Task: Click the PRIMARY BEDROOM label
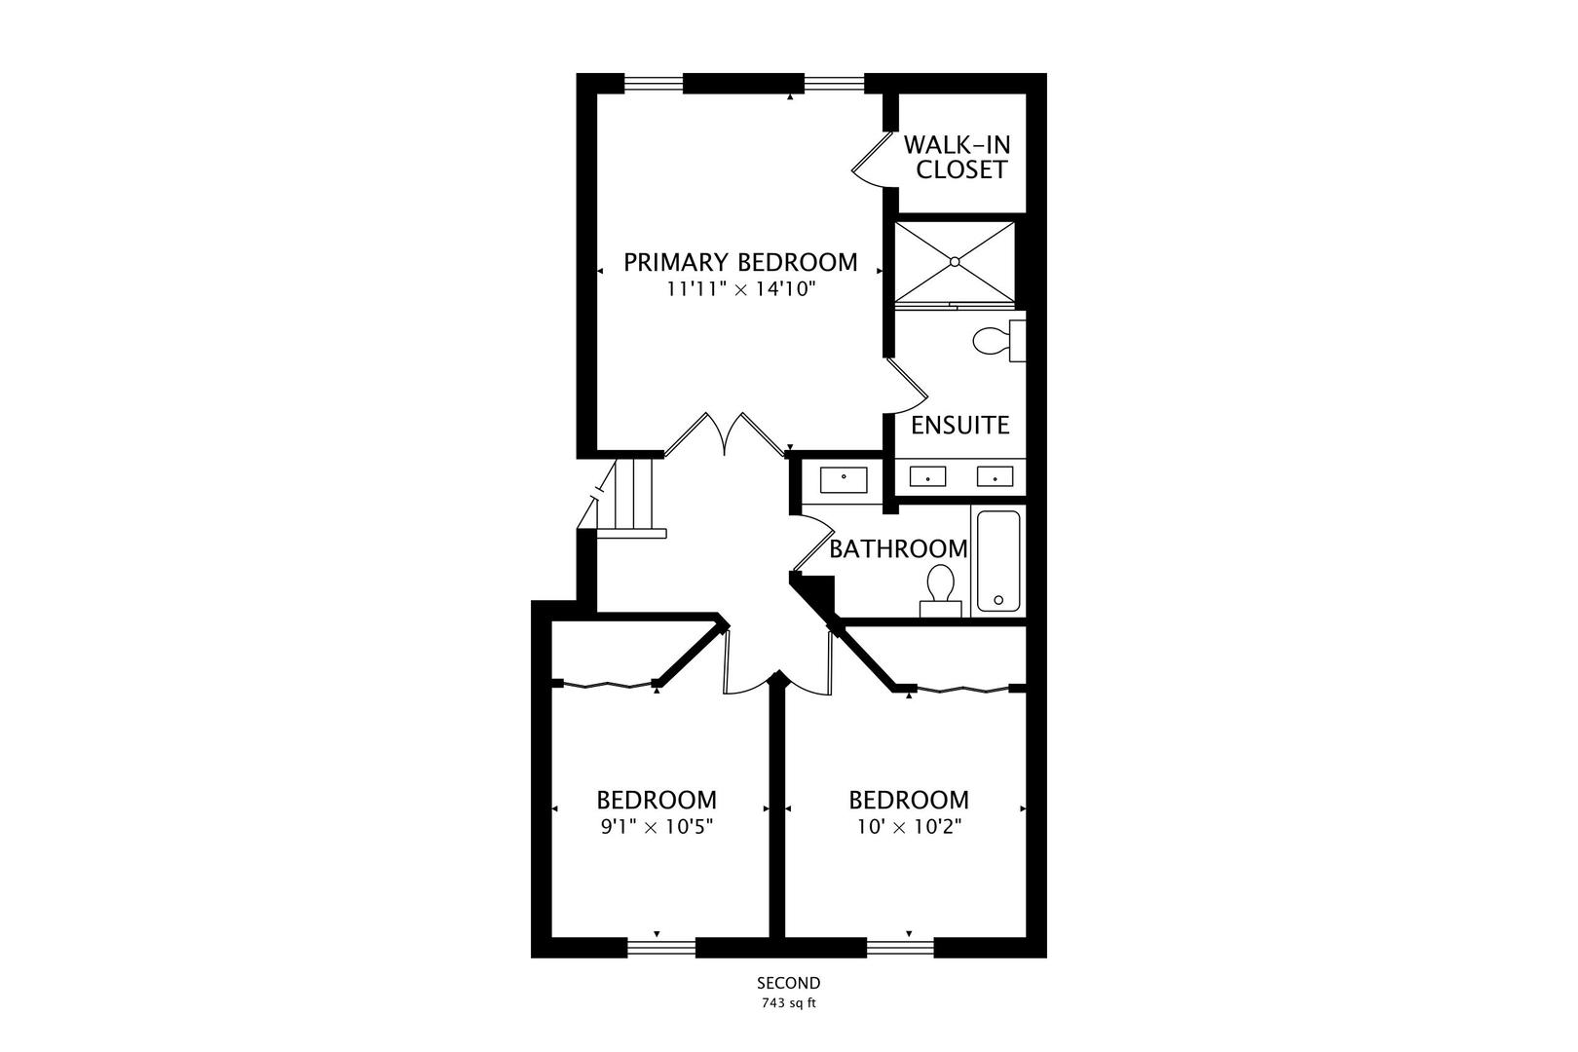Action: [x=740, y=262]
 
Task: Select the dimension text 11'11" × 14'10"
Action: [x=740, y=289]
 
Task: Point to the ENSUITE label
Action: [x=960, y=425]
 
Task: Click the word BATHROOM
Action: [x=898, y=549]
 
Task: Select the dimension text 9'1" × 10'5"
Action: [x=657, y=827]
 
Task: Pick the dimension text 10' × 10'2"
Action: [x=909, y=827]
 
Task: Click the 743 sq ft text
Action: [x=788, y=1003]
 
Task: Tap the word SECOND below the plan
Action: [x=788, y=983]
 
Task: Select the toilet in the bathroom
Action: [x=940, y=591]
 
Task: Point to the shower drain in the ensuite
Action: [x=955, y=261]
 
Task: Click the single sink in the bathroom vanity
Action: [x=844, y=480]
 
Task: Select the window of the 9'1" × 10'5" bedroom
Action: [x=660, y=949]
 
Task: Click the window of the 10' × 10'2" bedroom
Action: [x=900, y=949]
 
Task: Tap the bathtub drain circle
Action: [x=998, y=600]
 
